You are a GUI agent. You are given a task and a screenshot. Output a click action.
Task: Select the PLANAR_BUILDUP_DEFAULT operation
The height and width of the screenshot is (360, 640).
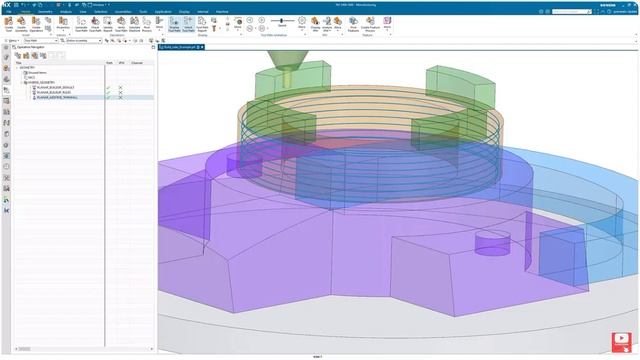click(x=56, y=88)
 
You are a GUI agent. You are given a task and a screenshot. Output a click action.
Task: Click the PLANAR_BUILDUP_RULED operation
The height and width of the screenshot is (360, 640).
click(x=54, y=93)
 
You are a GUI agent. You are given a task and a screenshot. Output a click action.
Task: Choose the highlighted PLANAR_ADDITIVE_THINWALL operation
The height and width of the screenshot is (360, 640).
click(x=58, y=98)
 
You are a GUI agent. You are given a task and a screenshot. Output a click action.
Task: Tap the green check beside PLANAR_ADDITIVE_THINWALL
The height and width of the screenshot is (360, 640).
click(x=109, y=98)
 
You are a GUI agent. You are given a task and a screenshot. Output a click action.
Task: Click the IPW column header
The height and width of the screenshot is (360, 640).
click(x=120, y=63)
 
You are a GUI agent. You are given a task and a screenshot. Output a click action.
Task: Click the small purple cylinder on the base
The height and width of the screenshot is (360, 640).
click(x=490, y=243)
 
